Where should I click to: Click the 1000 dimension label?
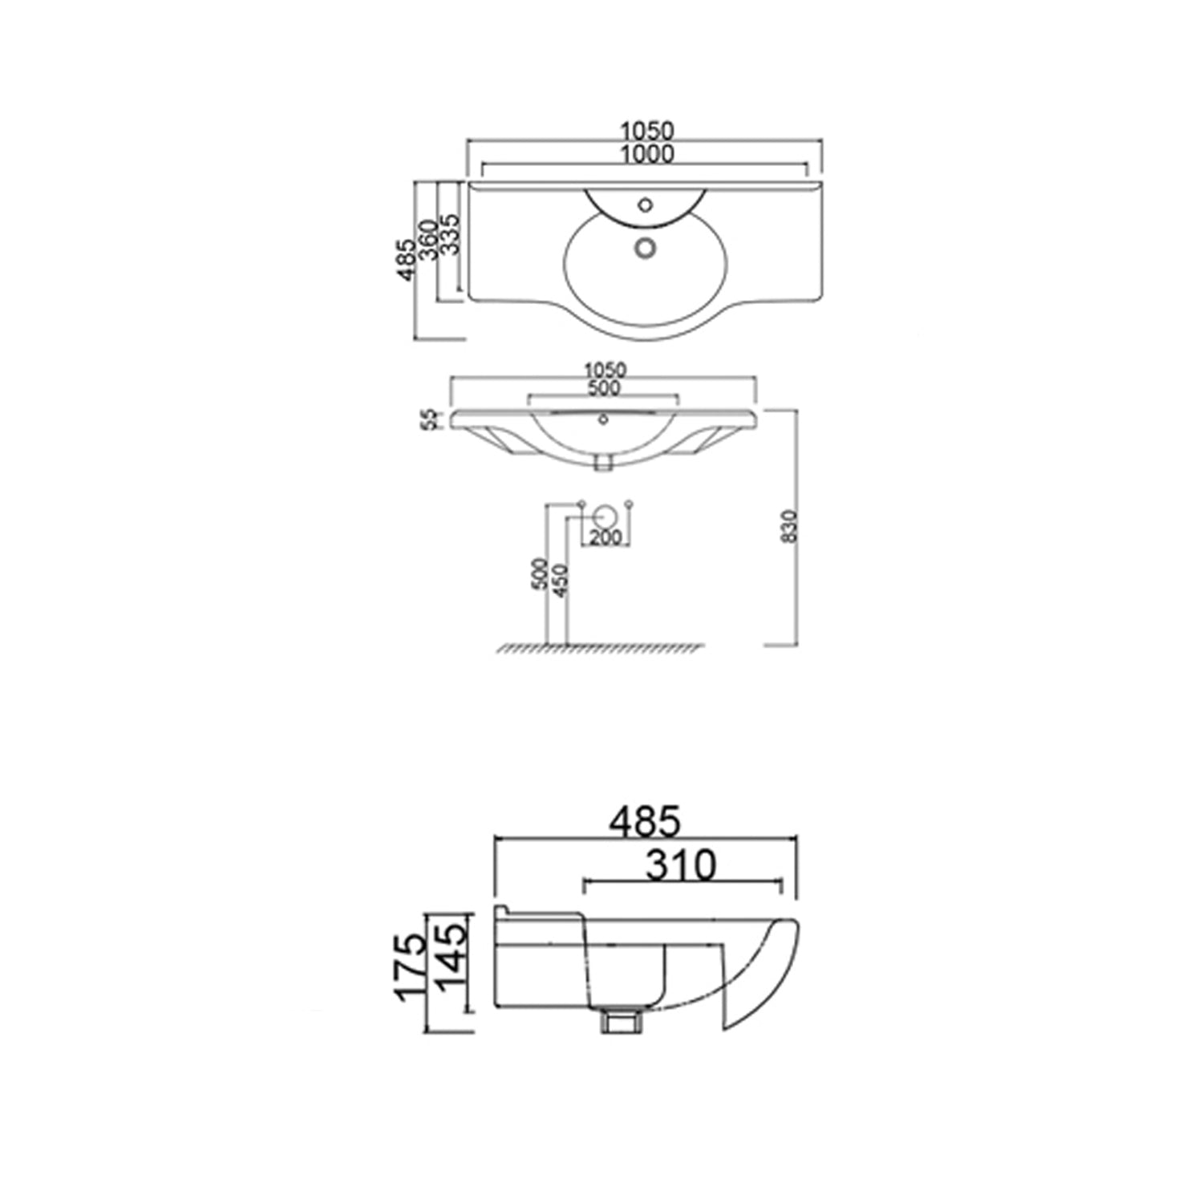click(646, 154)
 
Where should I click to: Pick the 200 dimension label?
click(606, 537)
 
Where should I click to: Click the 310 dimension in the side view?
click(681, 865)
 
